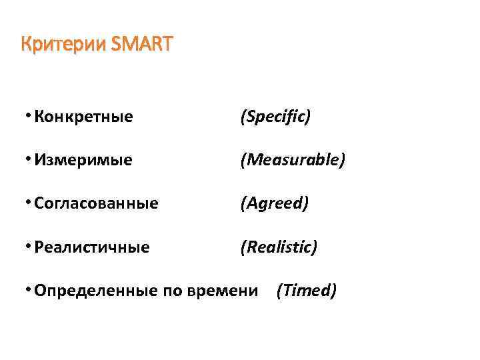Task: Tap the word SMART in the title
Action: (141, 45)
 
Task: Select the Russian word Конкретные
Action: (83, 117)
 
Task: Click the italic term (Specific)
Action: (275, 117)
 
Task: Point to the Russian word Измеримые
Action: (83, 161)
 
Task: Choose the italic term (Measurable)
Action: (293, 161)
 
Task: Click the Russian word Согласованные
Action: (96, 204)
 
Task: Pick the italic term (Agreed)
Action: (274, 204)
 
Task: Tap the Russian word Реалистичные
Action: (92, 247)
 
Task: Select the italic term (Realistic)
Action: (279, 247)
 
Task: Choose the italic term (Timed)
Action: (306, 291)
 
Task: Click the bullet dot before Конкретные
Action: (25, 116)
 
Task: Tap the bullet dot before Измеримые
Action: (25, 159)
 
